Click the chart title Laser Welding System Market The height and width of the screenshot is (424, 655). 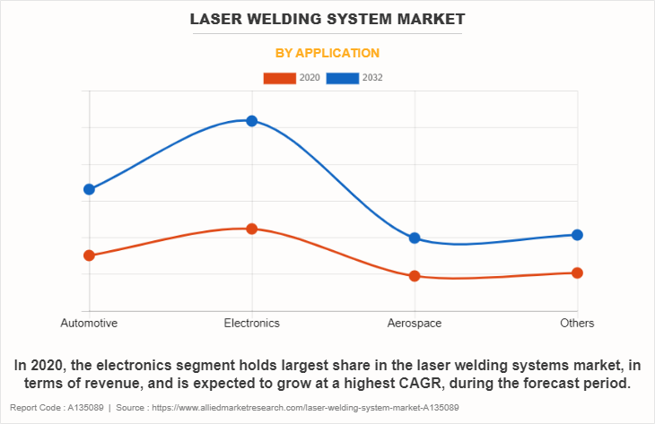(327, 18)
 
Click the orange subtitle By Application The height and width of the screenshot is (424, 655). (327, 53)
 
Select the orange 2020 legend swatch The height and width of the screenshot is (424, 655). (279, 78)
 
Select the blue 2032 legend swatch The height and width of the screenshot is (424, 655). (343, 78)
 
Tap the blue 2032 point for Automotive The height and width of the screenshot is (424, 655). (89, 189)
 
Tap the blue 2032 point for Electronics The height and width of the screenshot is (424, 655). (252, 121)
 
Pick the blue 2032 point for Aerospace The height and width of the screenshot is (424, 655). (415, 238)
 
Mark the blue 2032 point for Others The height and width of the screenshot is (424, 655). (577, 235)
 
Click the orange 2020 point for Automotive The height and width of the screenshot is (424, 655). (89, 255)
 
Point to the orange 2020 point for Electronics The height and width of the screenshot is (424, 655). (252, 229)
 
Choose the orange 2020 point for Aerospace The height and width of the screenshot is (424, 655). (415, 276)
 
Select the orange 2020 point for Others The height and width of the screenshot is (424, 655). (577, 273)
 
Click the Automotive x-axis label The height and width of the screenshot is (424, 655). (89, 323)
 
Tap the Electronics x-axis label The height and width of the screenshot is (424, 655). (252, 323)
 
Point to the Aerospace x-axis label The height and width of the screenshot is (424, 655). (415, 323)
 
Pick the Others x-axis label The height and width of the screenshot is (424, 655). (577, 323)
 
